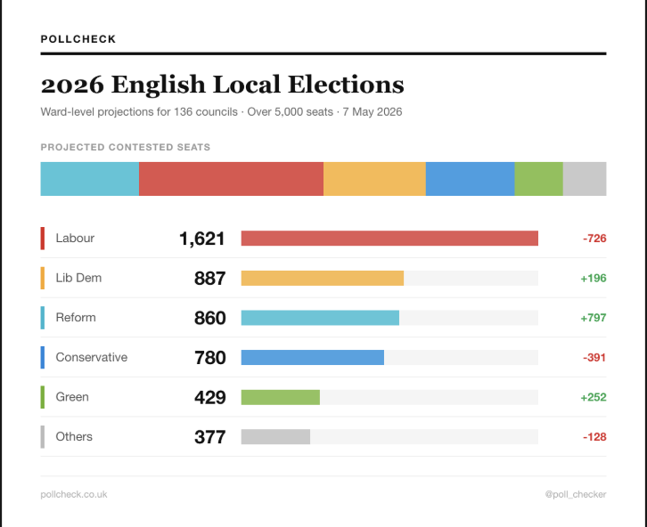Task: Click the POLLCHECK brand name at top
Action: [78, 39]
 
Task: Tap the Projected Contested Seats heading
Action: [126, 147]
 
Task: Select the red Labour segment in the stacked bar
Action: [231, 179]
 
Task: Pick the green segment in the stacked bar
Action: [538, 179]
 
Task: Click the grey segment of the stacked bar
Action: [585, 179]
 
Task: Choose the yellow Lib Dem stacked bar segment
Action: [374, 179]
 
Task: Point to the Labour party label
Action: [75, 239]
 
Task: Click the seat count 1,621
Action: [201, 239]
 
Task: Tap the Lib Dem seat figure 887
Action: [209, 279]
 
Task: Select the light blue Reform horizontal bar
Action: [320, 318]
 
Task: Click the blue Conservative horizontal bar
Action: [312, 358]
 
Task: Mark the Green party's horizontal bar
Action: [280, 397]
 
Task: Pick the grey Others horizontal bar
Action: [275, 437]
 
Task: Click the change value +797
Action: [593, 318]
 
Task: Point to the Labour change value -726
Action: [594, 239]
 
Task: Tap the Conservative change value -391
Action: [594, 358]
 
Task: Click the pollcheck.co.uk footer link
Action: [74, 494]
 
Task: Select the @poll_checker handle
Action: [576, 494]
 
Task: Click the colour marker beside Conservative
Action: [43, 358]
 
